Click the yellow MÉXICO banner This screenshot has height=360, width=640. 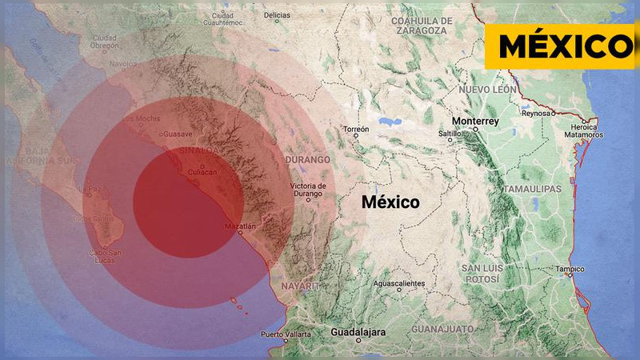tap(562, 46)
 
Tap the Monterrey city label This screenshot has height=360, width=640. tap(475, 121)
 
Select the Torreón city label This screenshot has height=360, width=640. tap(355, 129)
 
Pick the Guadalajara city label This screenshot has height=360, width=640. tap(358, 332)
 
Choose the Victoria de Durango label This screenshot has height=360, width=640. tap(307, 190)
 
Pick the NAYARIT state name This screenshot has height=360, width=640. tap(300, 286)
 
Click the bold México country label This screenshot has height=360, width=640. tap(390, 202)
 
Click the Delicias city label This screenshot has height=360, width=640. tap(277, 15)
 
